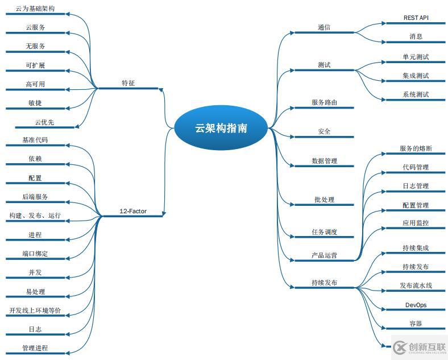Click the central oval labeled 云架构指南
(221, 128)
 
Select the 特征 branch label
(128, 83)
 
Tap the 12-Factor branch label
(132, 211)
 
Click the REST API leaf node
(416, 18)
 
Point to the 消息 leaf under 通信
(416, 36)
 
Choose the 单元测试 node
(416, 57)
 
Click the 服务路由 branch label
(324, 102)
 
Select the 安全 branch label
(324, 131)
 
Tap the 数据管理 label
(324, 161)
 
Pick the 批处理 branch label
(324, 200)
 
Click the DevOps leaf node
(416, 305)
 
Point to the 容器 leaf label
(416, 324)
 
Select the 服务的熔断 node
(416, 148)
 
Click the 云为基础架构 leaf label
(35, 9)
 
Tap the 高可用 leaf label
(35, 84)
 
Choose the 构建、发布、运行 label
(35, 216)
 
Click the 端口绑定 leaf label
(35, 254)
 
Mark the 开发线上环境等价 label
(35, 311)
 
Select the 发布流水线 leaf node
(416, 285)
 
